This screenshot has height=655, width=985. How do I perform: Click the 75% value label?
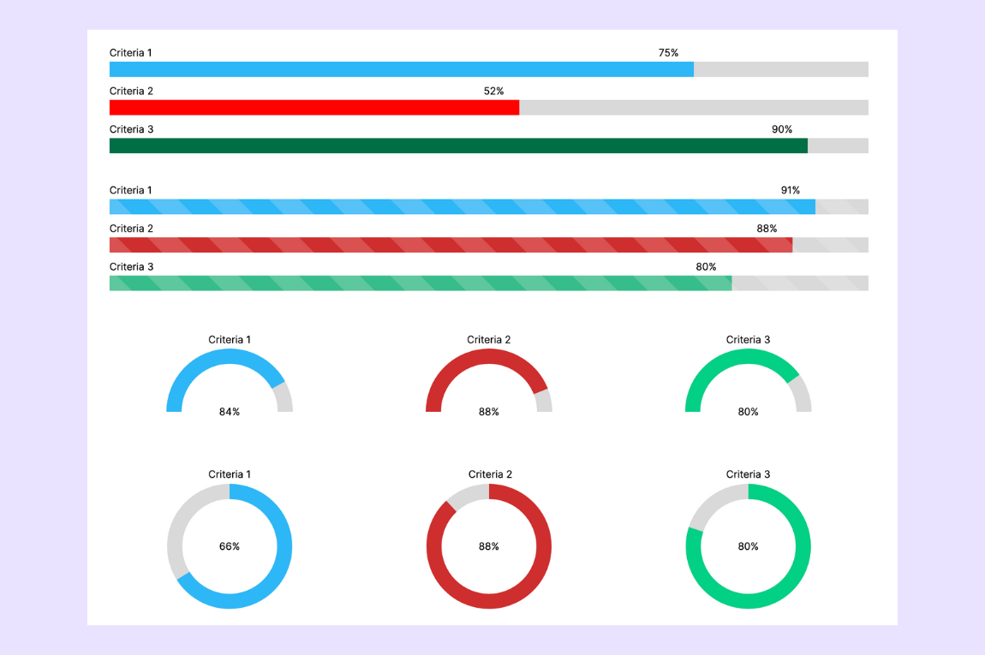click(668, 53)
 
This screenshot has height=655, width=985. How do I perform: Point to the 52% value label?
click(493, 91)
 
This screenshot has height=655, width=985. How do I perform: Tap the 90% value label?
click(782, 129)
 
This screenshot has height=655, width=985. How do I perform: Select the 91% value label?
click(790, 190)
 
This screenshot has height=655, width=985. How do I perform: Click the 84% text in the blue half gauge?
click(230, 412)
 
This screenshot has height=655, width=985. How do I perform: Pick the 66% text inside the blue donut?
click(230, 546)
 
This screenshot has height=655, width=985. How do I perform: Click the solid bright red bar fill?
click(313, 107)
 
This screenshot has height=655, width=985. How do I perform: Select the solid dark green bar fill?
click(458, 146)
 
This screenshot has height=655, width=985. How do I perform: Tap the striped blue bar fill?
click(463, 206)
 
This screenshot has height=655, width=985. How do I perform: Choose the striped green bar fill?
click(420, 283)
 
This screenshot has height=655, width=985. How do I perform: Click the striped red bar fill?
click(451, 245)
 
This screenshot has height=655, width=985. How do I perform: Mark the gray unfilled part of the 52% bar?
click(694, 107)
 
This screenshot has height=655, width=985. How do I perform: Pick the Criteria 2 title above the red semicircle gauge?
click(489, 340)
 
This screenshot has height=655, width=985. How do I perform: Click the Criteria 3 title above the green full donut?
click(748, 474)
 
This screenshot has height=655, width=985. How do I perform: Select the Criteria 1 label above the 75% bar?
click(131, 53)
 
